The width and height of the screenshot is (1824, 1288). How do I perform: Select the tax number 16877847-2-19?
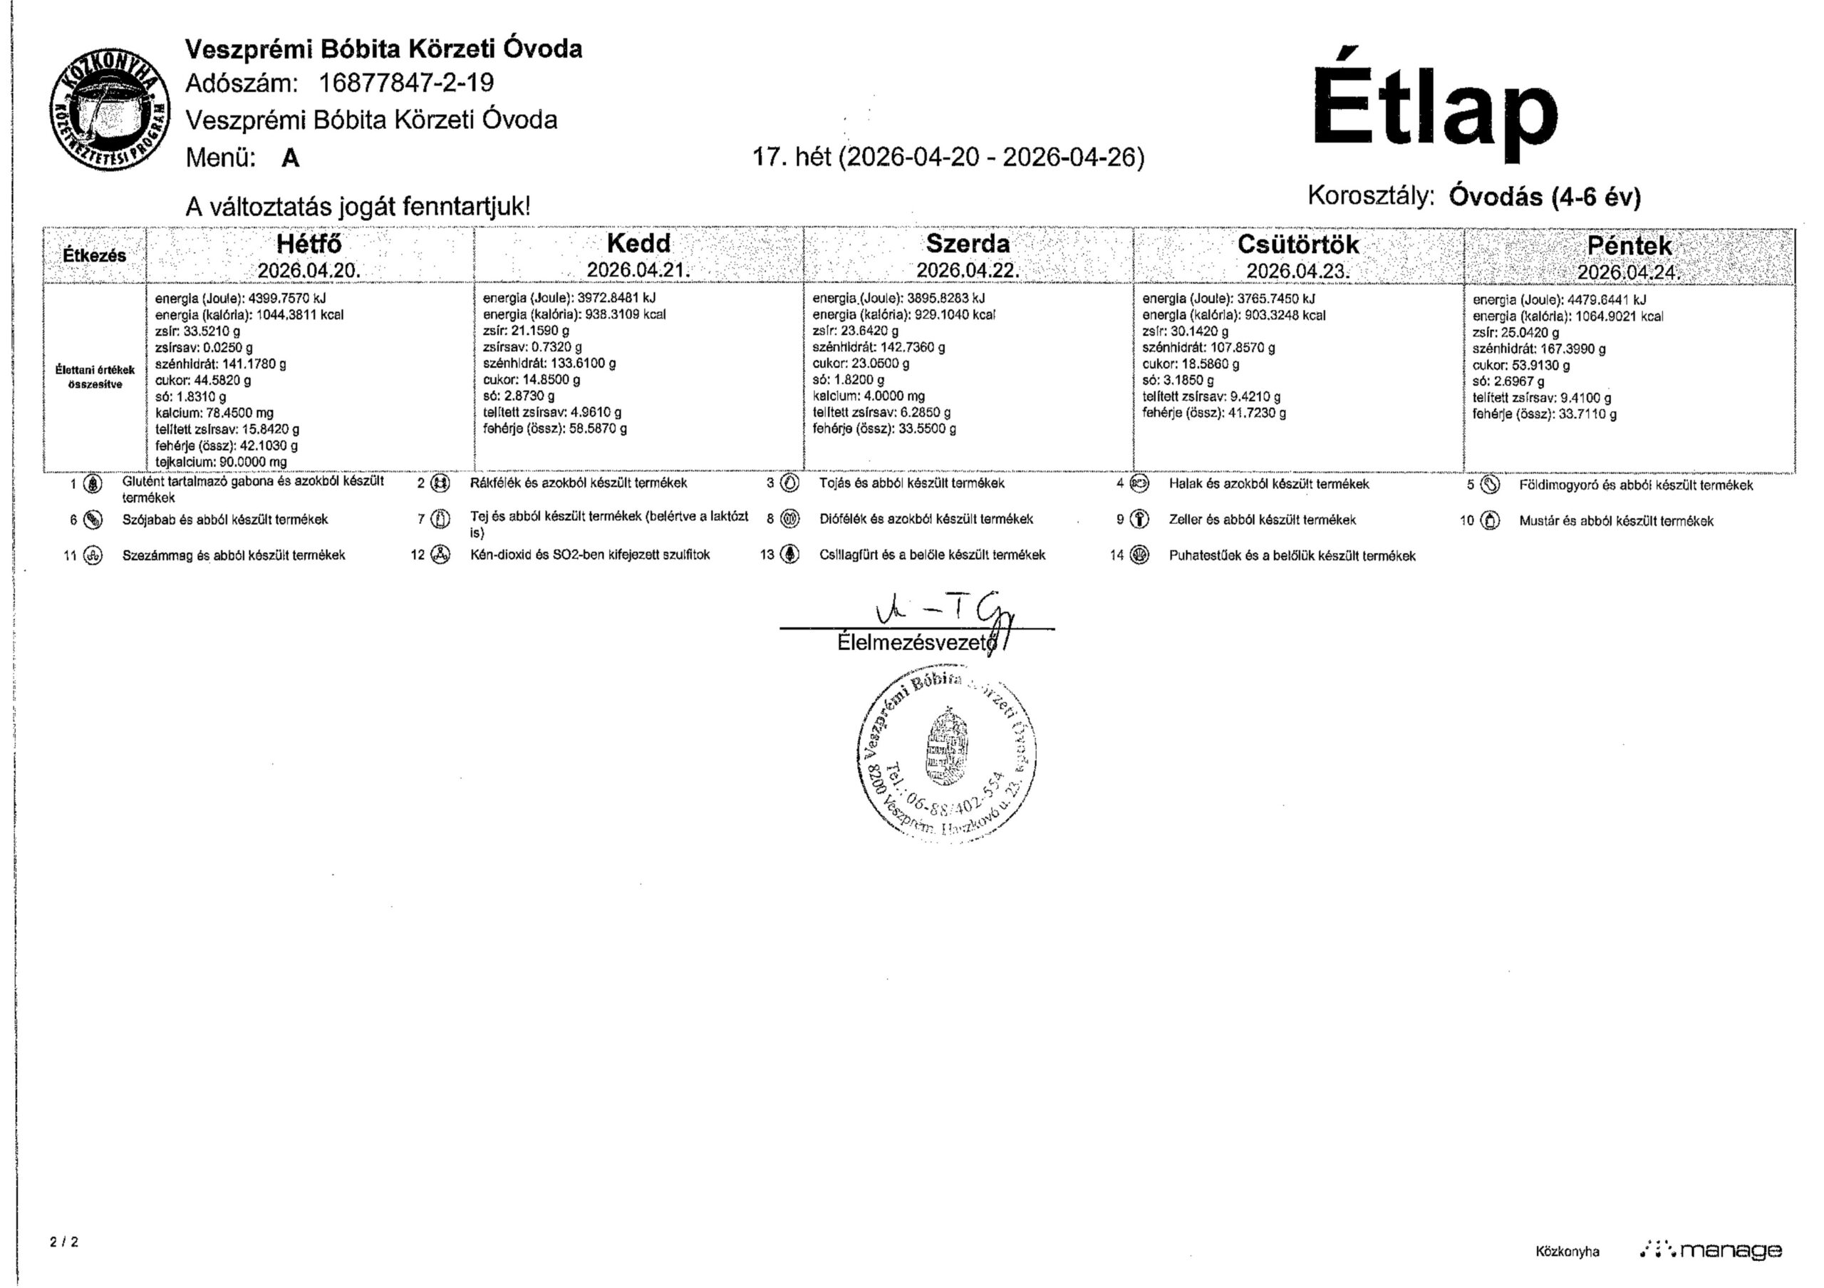tap(406, 83)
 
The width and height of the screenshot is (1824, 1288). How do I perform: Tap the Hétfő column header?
tap(309, 243)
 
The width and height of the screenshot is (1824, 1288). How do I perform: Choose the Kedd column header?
tap(638, 243)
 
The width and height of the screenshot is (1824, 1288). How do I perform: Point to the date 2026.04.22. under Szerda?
tap(967, 270)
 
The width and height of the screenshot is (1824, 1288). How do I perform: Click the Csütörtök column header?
tap(1298, 244)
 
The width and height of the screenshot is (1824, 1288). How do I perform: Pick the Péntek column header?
tap(1629, 245)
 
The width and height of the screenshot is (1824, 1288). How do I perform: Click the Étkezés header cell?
tap(95, 256)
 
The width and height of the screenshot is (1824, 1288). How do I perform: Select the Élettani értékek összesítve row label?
tap(95, 376)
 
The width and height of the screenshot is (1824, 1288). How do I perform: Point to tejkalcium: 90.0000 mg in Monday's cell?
tap(221, 462)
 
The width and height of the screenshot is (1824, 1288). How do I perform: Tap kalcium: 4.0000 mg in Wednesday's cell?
tap(869, 396)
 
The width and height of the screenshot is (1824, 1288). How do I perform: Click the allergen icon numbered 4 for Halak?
tap(1139, 483)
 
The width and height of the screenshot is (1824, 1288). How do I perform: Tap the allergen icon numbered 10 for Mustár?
tap(1491, 520)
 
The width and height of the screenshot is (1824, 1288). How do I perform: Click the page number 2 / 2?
tap(63, 1241)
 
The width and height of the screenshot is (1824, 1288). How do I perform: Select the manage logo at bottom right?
tap(1711, 1251)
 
